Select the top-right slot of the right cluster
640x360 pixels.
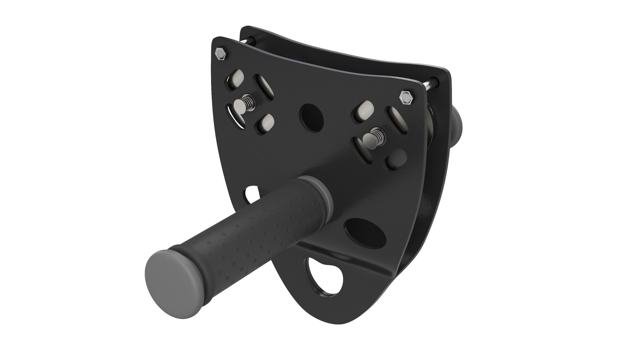pyautogui.click(x=396, y=120)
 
